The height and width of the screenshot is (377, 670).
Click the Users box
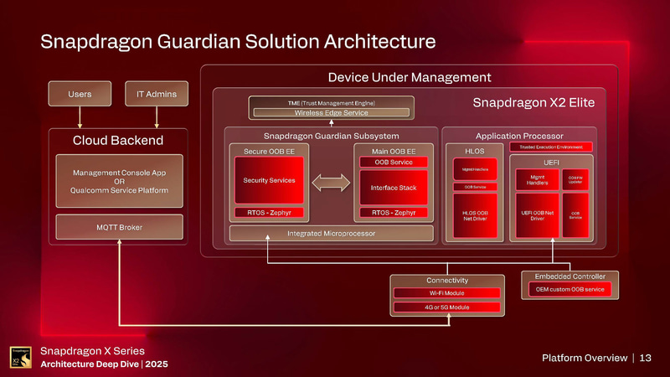pos(80,94)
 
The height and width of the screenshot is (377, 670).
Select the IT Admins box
pos(157,94)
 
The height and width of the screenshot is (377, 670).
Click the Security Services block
pos(269,181)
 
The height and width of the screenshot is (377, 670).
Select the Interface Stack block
pos(394,188)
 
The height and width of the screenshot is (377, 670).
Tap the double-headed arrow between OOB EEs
pos(331,181)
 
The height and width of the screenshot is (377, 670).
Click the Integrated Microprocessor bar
pos(331,233)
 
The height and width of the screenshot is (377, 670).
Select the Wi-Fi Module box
pos(447,293)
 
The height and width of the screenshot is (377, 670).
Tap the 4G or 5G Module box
pos(447,307)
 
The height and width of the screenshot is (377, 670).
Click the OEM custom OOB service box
pos(569,290)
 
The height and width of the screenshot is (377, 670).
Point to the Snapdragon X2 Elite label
pos(533,103)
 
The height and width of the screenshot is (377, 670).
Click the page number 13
pos(645,358)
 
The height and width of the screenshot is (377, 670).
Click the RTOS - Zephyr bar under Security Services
pos(269,213)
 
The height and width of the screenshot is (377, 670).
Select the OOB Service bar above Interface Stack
pos(394,162)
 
